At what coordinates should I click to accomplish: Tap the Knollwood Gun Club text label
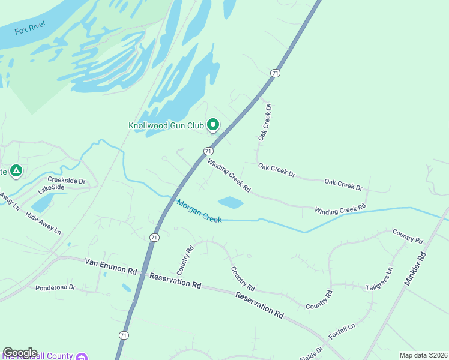(x=166, y=125)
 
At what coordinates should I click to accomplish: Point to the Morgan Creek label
(x=199, y=211)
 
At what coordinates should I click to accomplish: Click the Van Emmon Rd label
(x=111, y=266)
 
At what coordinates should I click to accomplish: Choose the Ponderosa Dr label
(x=55, y=287)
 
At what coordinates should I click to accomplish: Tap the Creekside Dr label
(x=67, y=180)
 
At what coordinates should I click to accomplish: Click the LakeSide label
(x=50, y=188)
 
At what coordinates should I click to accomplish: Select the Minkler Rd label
(x=415, y=268)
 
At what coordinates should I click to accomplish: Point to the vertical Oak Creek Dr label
(x=265, y=122)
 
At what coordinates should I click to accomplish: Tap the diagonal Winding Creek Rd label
(x=229, y=175)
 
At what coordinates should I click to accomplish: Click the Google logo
(x=20, y=353)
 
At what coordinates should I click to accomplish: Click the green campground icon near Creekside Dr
(x=16, y=172)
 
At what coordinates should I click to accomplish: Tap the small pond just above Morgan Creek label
(x=231, y=202)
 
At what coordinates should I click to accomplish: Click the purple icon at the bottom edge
(x=80, y=356)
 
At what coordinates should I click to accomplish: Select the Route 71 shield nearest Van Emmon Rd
(x=154, y=237)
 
